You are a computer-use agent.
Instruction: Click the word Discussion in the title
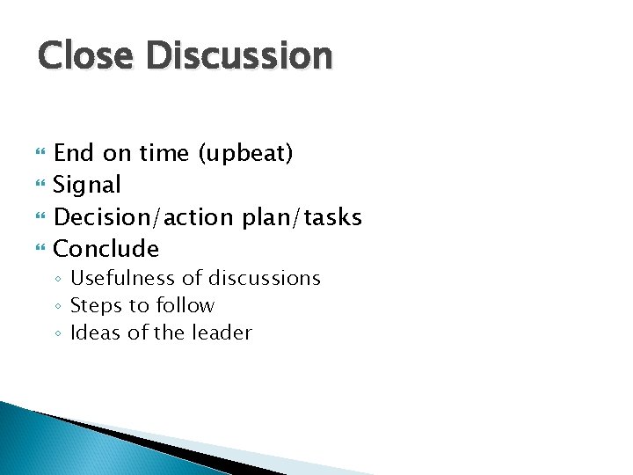(239, 55)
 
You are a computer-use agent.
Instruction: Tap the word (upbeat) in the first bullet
(245, 154)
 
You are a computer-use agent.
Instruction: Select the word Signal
(87, 186)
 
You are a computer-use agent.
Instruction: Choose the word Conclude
(106, 249)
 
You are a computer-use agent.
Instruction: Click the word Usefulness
(123, 279)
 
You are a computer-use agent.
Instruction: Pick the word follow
(187, 306)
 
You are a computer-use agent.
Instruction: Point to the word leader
(224, 333)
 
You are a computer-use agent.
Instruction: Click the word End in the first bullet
(74, 154)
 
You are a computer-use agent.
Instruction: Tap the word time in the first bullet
(164, 154)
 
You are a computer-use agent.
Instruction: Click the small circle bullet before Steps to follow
(57, 307)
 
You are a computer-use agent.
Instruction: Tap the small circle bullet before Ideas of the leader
(57, 334)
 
